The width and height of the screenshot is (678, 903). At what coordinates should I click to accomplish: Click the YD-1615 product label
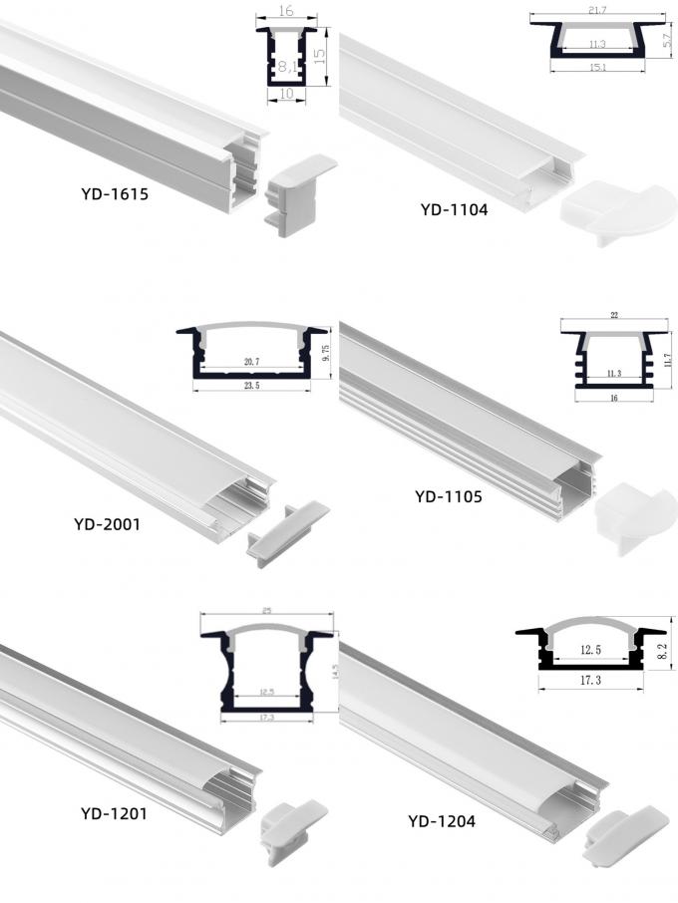coord(115,194)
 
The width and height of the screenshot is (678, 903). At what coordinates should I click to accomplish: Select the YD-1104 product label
coord(454,209)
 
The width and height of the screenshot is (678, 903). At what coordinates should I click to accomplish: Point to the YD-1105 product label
coord(449,494)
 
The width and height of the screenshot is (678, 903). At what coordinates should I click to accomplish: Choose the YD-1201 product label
coord(114,814)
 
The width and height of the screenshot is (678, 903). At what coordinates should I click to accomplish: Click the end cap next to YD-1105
coord(628,510)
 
